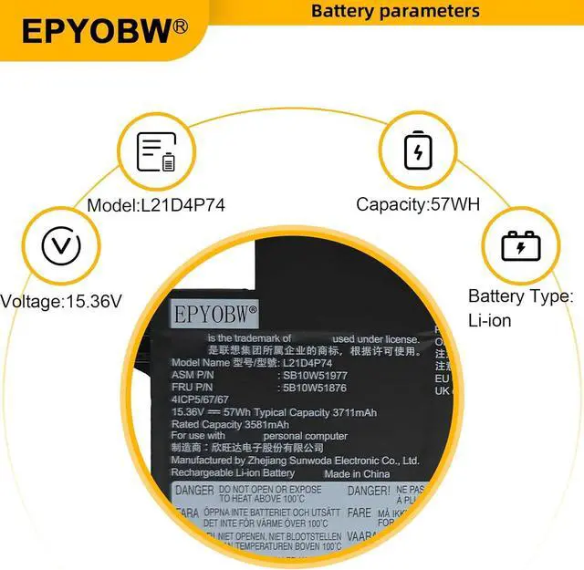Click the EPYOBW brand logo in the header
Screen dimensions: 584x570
point(96,31)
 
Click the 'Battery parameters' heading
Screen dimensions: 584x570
point(395,11)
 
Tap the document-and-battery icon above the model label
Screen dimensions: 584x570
point(155,152)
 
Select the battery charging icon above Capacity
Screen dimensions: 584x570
point(418,150)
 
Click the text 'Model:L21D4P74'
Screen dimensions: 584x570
point(156,205)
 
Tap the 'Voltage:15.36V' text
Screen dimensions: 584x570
point(62,300)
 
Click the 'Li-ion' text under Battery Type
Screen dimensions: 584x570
point(489,321)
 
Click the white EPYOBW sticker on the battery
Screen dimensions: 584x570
point(216,314)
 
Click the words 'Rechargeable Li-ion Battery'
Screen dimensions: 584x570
point(234,473)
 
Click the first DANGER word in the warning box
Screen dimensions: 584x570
point(193,492)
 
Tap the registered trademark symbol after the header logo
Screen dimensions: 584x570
point(180,26)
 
